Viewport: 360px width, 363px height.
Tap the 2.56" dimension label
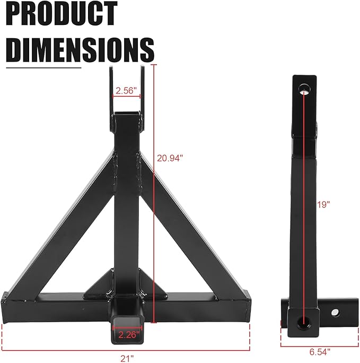pos(127,90)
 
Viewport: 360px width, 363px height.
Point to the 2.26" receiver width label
pos(128,334)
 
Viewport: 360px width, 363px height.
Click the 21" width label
pos(127,359)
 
